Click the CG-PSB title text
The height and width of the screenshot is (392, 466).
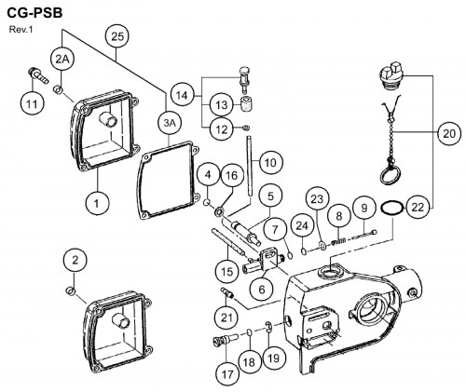[34, 13]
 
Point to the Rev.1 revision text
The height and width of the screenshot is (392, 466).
[21, 30]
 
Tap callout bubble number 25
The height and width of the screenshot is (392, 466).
[117, 37]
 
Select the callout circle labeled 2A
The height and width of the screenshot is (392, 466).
[62, 60]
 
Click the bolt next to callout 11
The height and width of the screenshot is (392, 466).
[38, 76]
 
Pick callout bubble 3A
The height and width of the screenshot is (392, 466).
[170, 123]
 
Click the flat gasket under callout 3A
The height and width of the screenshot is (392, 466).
[168, 181]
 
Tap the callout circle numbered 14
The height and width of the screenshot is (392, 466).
[182, 96]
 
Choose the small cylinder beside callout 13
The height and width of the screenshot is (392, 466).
[246, 104]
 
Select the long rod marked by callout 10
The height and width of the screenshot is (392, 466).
[250, 166]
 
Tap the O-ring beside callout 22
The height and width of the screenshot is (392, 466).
[392, 208]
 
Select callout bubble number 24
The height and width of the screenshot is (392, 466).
[302, 225]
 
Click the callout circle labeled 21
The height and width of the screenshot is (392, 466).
[226, 318]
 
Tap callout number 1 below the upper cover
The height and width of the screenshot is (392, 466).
[97, 204]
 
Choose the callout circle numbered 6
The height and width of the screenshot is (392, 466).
[262, 290]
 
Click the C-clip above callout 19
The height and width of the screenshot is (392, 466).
[269, 327]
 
